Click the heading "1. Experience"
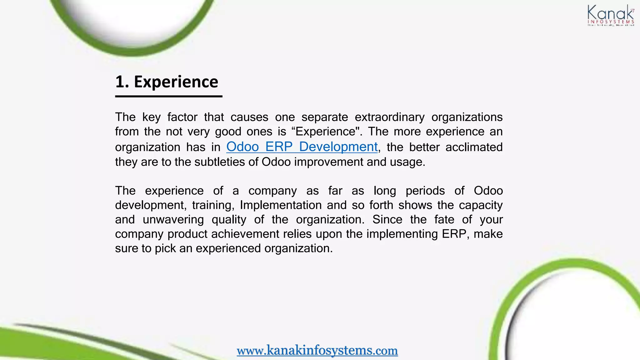[x=167, y=82]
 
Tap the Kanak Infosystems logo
[x=611, y=16]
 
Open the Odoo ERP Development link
[x=302, y=147]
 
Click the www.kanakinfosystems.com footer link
[x=317, y=350]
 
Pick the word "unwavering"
[x=173, y=219]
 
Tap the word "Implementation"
[x=281, y=205]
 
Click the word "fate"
[x=444, y=219]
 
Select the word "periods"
[x=425, y=191]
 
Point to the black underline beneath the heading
[x=169, y=96]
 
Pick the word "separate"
[x=324, y=117]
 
